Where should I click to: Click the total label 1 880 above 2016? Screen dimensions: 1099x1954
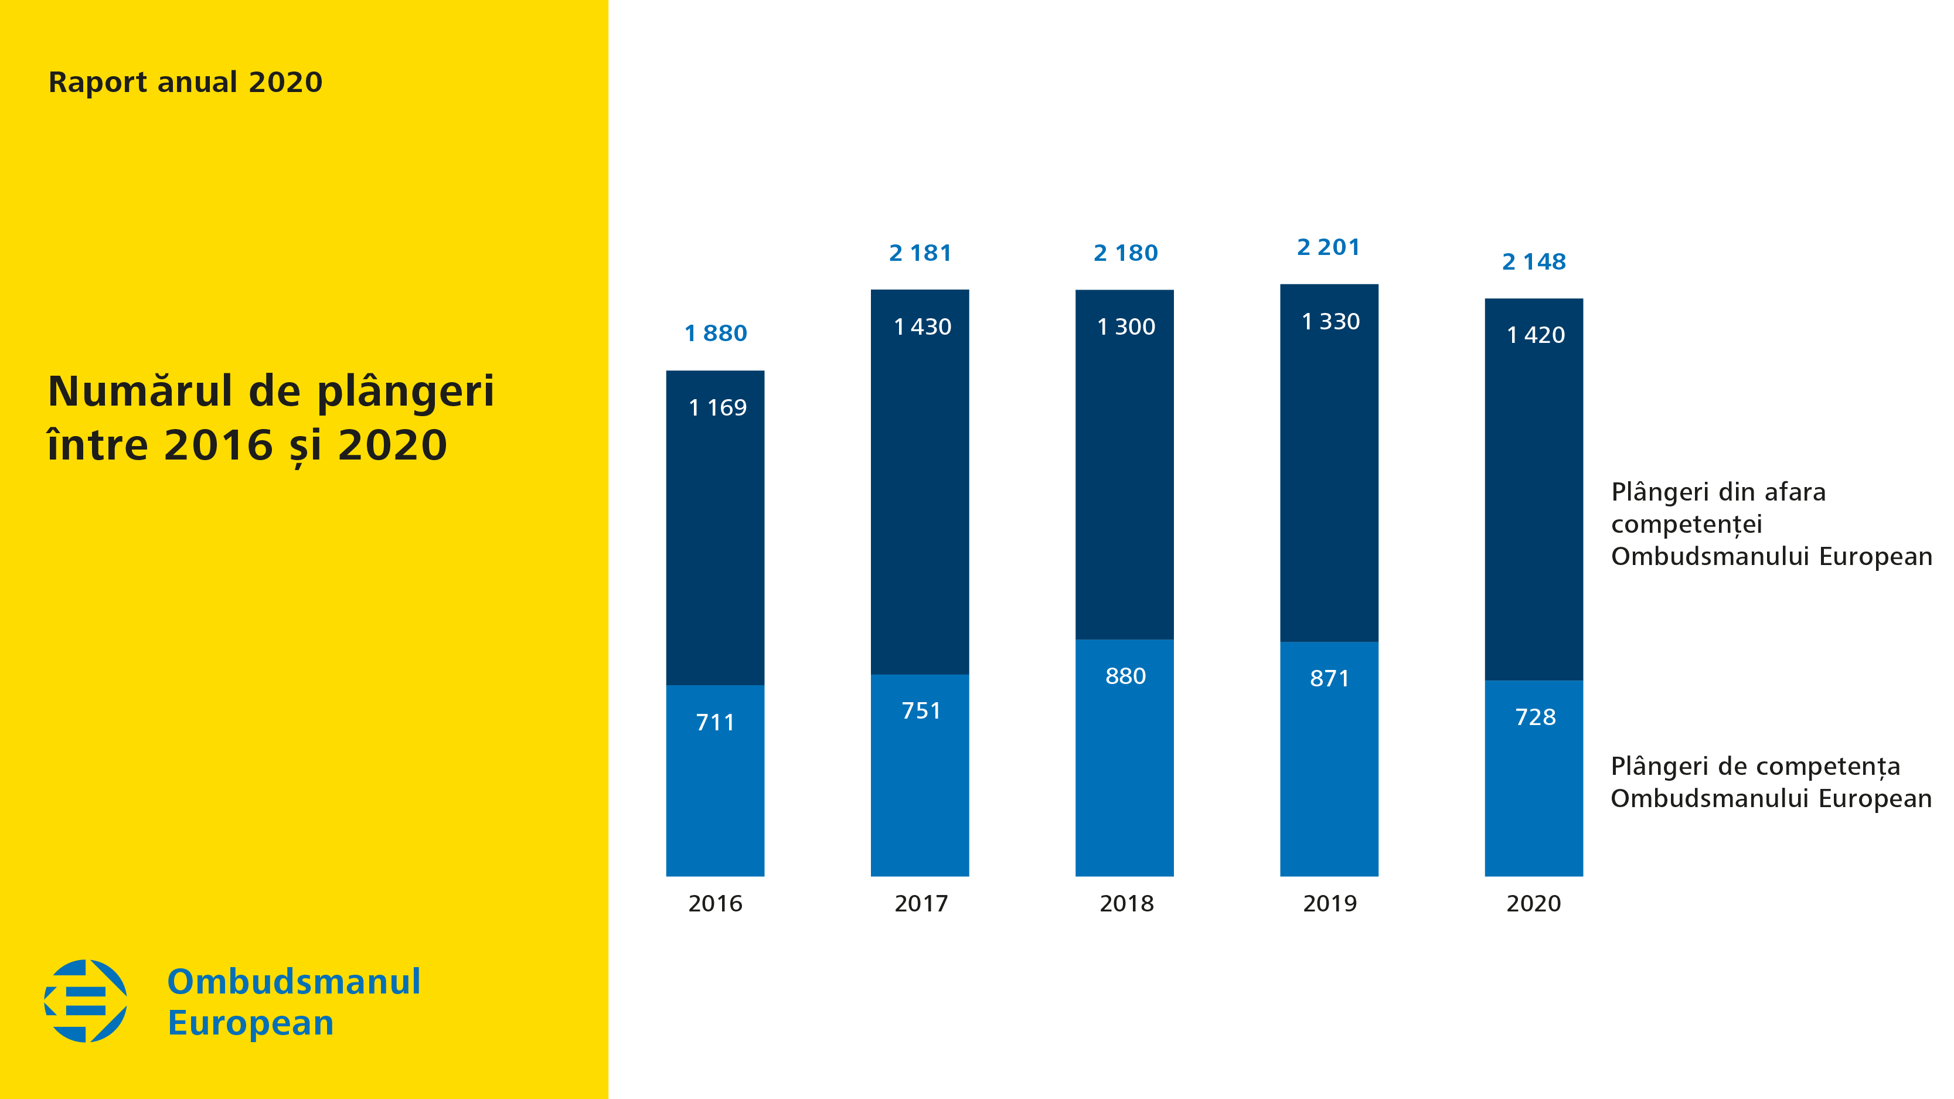[715, 333]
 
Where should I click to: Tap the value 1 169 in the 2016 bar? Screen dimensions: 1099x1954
[717, 408]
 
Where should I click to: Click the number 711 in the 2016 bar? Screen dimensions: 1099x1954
[715, 722]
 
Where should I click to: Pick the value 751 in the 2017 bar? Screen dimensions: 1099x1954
[921, 710]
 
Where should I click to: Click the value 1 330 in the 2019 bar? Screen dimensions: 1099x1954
[1330, 322]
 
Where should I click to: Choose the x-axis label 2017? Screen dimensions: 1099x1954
[921, 903]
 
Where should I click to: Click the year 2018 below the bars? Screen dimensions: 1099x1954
[1126, 903]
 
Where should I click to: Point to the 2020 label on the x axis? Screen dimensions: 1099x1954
[1533, 903]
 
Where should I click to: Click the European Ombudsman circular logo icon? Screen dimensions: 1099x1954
[86, 1001]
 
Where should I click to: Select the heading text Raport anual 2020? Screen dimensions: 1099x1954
[185, 82]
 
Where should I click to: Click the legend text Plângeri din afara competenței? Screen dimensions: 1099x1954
[1717, 508]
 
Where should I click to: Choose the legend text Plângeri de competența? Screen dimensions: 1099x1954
[1755, 766]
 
